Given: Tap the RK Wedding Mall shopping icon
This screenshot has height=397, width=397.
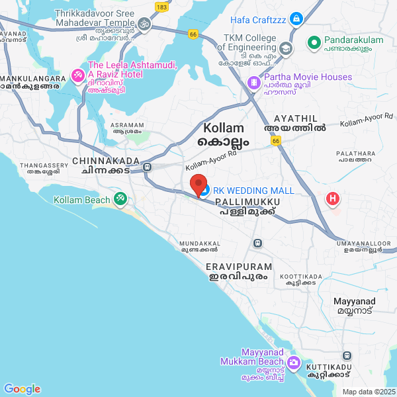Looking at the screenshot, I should click(x=205, y=191).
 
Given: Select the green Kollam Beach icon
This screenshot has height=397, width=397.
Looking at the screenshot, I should click(x=120, y=198).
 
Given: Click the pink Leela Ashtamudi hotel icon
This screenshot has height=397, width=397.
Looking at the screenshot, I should click(x=77, y=75).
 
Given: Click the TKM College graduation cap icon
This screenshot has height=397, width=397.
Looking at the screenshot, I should click(x=285, y=48).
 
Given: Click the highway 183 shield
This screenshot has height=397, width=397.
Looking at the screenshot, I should click(x=161, y=6).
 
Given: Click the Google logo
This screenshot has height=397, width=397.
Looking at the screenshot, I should click(x=22, y=388).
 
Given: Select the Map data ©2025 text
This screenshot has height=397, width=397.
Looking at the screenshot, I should click(x=368, y=392).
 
